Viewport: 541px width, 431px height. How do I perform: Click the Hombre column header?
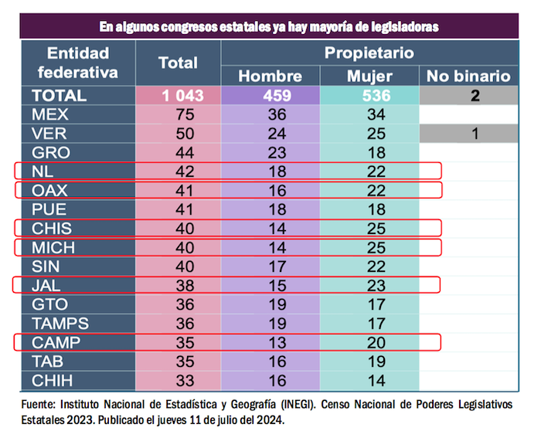click(270, 76)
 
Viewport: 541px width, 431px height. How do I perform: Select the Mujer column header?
click(369, 76)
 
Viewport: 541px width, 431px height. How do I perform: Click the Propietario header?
click(369, 53)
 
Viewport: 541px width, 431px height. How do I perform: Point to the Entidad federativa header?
click(78, 63)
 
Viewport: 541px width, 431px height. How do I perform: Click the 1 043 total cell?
click(178, 96)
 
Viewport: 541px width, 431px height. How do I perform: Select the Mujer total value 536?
click(369, 96)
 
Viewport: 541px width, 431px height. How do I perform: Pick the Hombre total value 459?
click(270, 96)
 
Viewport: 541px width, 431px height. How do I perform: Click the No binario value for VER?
click(475, 134)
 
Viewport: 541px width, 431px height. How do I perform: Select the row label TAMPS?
click(60, 322)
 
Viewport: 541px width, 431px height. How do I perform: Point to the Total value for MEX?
click(179, 114)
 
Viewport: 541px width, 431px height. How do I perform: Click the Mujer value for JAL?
click(369, 284)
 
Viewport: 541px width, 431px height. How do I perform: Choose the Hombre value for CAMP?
click(270, 341)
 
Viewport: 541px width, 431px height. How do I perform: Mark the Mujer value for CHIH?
click(369, 379)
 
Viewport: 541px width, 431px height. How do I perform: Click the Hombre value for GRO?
click(270, 152)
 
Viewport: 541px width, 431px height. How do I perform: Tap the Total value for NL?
click(179, 171)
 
